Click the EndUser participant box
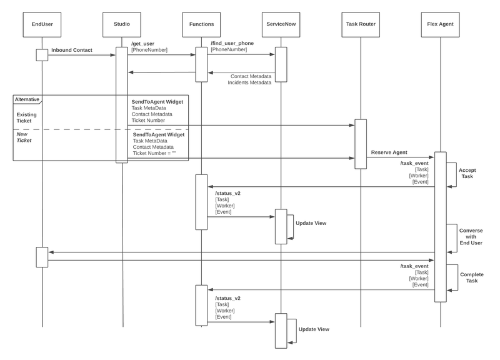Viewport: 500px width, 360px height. [42, 24]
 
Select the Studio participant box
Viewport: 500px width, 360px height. [121, 24]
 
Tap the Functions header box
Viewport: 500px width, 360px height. [201, 24]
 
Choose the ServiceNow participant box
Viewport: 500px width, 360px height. [281, 24]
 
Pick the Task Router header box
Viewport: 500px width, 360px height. [361, 24]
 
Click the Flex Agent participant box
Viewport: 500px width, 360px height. [440, 24]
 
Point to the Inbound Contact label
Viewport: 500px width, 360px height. [72, 49]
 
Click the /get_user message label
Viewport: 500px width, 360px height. [142, 43]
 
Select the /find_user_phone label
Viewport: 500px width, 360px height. [232, 43]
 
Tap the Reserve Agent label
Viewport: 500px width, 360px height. [390, 152]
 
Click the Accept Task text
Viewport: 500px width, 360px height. [467, 173]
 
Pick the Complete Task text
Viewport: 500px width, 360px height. [472, 277]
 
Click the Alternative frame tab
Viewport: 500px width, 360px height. [27, 99]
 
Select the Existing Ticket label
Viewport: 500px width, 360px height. [27, 117]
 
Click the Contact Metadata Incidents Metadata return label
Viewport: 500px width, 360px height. [250, 79]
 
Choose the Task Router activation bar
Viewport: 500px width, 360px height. [361, 144]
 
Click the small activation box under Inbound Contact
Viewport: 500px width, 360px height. [42, 55]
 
